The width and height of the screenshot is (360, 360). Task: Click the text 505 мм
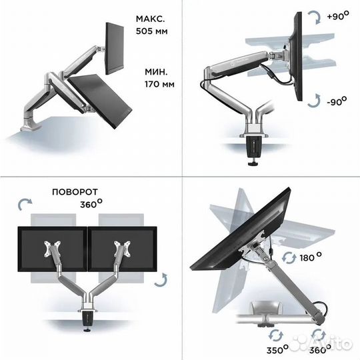click(151, 31)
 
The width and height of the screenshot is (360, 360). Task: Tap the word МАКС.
click(151, 19)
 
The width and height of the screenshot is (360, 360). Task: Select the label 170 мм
click(159, 84)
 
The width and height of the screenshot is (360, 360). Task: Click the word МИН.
click(156, 72)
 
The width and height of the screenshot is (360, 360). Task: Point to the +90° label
click(338, 15)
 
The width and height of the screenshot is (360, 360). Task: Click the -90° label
click(337, 101)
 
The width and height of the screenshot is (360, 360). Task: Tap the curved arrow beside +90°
click(315, 17)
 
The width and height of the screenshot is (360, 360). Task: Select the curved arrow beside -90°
click(313, 101)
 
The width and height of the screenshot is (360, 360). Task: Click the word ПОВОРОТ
click(75, 192)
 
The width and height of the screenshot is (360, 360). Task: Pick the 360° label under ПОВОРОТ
click(91, 203)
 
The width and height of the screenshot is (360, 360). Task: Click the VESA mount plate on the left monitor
click(53, 249)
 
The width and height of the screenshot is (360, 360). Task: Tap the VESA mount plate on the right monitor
click(123, 249)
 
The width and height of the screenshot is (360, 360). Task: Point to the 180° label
click(311, 257)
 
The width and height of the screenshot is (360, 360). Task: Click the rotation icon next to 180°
click(289, 258)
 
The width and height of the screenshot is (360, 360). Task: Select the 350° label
click(277, 349)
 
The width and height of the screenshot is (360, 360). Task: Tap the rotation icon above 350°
click(276, 336)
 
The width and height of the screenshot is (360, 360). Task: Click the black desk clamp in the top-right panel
click(255, 147)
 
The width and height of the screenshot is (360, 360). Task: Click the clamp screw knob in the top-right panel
click(253, 164)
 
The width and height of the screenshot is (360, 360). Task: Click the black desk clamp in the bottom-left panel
click(88, 319)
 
